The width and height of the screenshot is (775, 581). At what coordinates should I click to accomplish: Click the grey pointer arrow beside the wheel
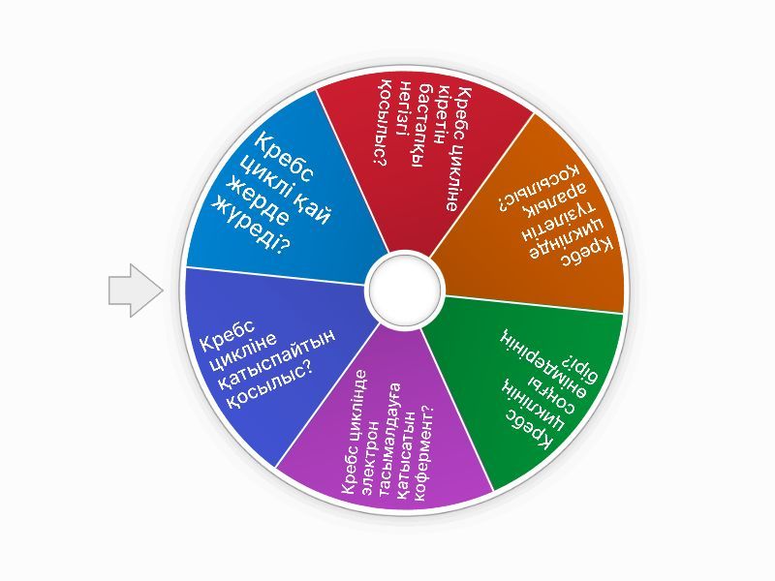click(x=136, y=290)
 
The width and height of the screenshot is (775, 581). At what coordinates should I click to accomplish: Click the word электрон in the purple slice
click(x=372, y=445)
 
